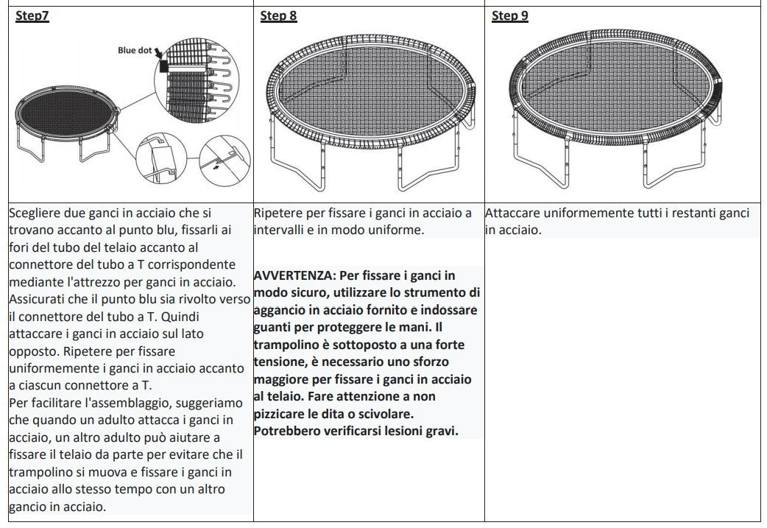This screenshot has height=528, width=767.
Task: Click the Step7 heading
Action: click(x=32, y=16)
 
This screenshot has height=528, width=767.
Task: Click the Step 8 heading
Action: click(x=278, y=16)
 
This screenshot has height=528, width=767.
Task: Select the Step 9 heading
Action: click(x=509, y=16)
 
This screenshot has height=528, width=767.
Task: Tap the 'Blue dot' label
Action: click(x=135, y=51)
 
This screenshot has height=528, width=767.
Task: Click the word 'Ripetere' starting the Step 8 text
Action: click(x=277, y=214)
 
